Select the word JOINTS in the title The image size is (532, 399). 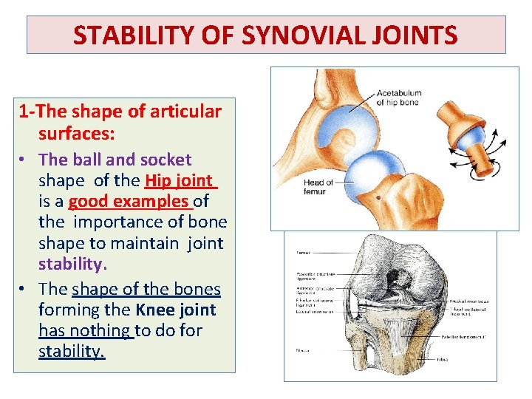coord(416,35)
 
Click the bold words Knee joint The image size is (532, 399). coord(176,310)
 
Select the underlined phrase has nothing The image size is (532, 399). coord(85,331)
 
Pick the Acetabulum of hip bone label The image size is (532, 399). coord(398,98)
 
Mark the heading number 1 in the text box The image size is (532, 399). coord(24,112)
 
